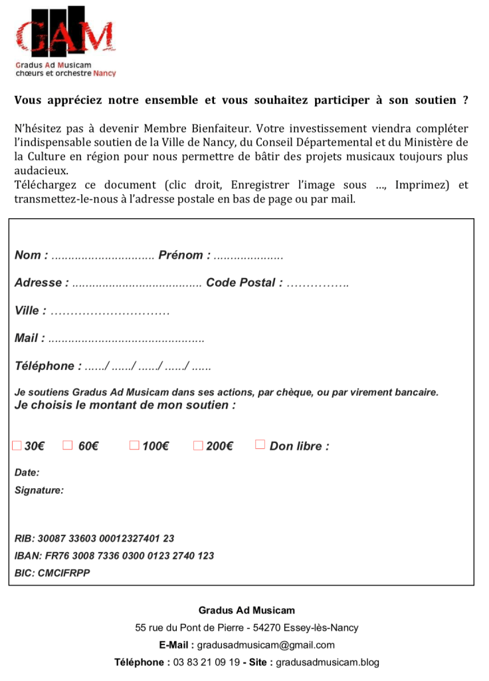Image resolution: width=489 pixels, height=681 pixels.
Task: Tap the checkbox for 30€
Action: (x=17, y=445)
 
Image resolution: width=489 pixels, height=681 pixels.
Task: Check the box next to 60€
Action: (x=67, y=445)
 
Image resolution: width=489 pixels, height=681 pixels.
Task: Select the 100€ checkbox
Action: (x=134, y=445)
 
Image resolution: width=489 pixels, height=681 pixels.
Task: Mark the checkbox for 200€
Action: (x=198, y=445)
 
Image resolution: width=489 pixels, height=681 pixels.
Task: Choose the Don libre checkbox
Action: (x=260, y=444)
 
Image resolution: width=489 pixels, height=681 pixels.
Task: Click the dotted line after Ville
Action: (x=110, y=311)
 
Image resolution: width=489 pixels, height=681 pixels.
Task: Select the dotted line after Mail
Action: (x=126, y=339)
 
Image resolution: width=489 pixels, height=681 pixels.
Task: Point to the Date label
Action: (x=27, y=473)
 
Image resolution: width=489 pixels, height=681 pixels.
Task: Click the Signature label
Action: (x=39, y=491)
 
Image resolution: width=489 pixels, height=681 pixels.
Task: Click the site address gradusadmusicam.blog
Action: (x=328, y=662)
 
